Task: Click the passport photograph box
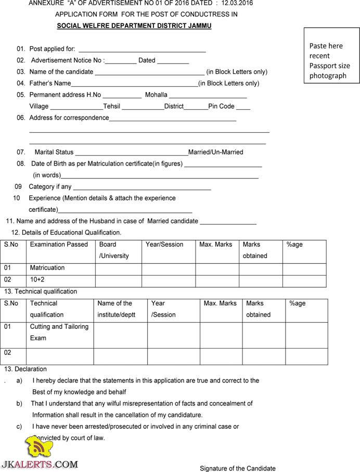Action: pos(331,60)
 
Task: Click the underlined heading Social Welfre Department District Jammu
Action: pos(134,25)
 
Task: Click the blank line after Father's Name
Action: pos(134,85)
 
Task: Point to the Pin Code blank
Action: pos(243,108)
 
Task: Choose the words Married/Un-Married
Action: pos(215,152)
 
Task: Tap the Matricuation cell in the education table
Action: pos(47,267)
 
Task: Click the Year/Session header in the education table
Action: pos(164,244)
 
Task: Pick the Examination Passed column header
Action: pos(59,244)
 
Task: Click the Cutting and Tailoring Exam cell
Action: pos(59,332)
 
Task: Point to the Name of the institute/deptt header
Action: pos(115,309)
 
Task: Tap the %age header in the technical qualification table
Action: pos(297,303)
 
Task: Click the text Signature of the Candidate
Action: pos(238,468)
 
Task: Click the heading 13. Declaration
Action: pos(25,369)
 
